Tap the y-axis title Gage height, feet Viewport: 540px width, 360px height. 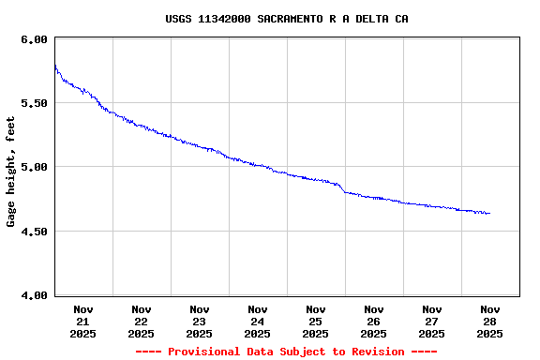11,172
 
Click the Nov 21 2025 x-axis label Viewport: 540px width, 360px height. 83,321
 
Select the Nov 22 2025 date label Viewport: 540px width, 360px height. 142,321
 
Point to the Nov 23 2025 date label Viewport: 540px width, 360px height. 200,321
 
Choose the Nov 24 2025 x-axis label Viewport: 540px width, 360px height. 258,321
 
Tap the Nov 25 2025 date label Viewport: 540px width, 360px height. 316,321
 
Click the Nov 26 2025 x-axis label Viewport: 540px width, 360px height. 374,321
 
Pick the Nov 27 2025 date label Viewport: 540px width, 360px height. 432,321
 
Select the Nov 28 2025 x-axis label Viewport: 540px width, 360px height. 490,321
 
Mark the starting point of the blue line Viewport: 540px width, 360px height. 55,66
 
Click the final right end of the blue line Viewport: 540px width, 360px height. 489,214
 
